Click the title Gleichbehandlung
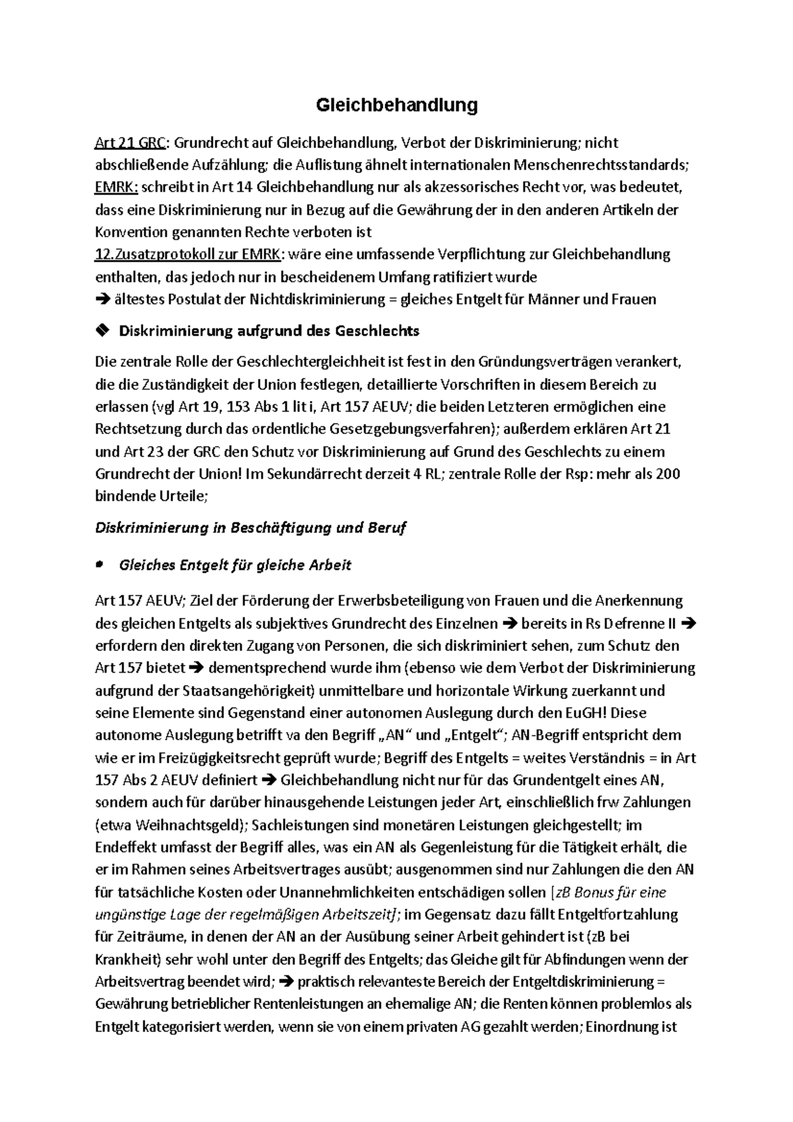coord(397,105)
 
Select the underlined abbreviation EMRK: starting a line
coord(116,188)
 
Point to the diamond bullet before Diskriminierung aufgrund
coord(102,330)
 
